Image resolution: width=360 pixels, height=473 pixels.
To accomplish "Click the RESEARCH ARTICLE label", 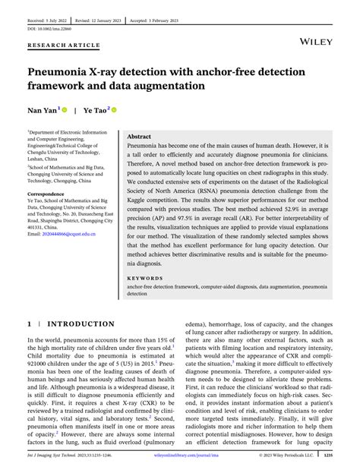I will tap(63, 45).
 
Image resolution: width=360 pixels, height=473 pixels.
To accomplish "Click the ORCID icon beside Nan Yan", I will tap(65, 109).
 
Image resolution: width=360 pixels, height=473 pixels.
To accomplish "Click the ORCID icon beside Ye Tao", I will tap(114, 109).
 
